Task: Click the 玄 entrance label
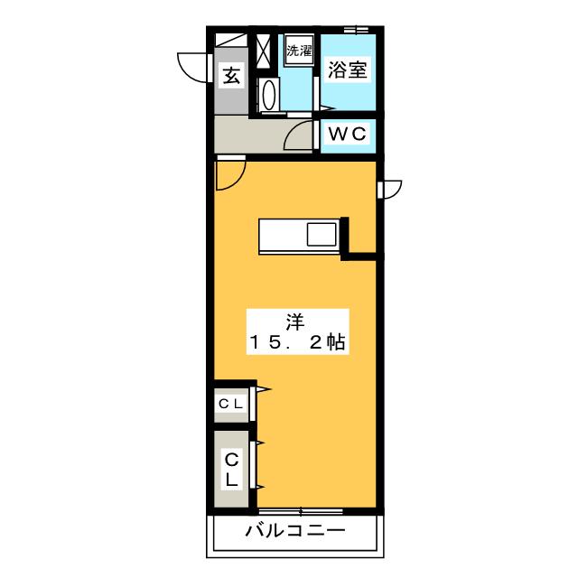(x=231, y=76)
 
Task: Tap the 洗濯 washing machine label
(x=299, y=51)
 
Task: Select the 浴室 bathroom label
(x=348, y=70)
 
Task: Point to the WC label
(x=348, y=134)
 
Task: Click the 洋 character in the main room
(x=295, y=322)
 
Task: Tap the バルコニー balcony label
(x=295, y=531)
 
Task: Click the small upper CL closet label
(x=231, y=404)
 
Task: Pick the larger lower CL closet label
(x=232, y=470)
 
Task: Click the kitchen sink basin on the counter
(x=322, y=235)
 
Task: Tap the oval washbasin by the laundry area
(x=269, y=94)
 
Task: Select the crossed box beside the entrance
(x=263, y=51)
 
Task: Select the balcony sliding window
(x=301, y=511)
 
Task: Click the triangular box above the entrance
(x=231, y=40)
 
